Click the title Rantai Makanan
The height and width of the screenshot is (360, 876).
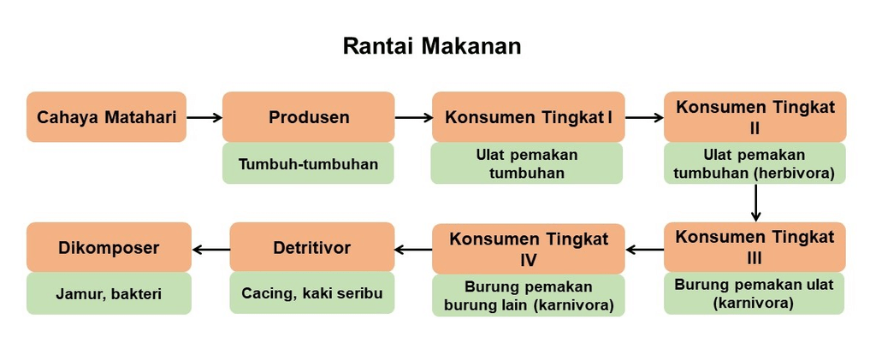(x=431, y=46)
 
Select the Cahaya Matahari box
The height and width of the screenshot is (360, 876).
(x=106, y=117)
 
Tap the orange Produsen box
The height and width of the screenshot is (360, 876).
(x=309, y=117)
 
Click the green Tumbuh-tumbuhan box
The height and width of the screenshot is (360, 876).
(x=309, y=163)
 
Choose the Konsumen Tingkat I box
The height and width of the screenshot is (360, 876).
(x=529, y=117)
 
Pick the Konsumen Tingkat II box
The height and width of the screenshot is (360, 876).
(x=755, y=117)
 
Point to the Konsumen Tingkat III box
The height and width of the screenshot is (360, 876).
(x=755, y=247)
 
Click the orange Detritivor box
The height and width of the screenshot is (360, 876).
(x=312, y=248)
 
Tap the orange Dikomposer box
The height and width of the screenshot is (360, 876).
(x=109, y=248)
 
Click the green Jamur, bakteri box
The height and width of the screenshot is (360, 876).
(x=109, y=294)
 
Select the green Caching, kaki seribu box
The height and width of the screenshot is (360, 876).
(x=312, y=293)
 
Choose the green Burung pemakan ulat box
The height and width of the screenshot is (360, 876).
(x=755, y=293)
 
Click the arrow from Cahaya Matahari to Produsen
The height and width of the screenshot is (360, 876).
(x=204, y=117)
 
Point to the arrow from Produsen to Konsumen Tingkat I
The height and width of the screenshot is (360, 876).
(x=414, y=117)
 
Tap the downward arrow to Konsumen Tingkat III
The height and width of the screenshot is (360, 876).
(x=755, y=203)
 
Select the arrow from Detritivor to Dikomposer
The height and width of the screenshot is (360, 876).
(x=210, y=249)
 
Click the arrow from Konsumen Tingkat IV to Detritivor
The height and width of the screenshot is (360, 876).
(x=413, y=250)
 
